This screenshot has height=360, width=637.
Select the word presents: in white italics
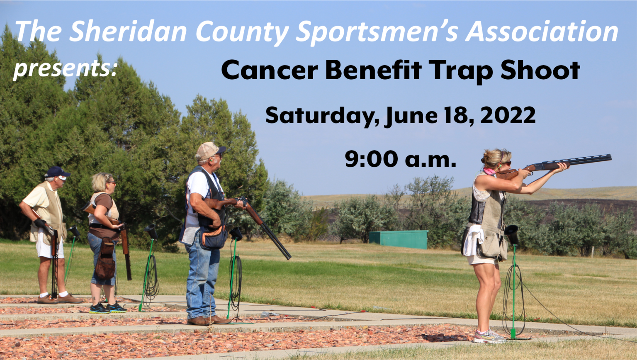coord(65,69)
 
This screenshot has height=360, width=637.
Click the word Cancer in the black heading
coord(269,70)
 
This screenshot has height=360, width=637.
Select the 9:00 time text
coord(371,159)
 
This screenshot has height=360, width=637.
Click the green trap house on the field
coord(399,239)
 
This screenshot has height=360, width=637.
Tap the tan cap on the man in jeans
coord(209,150)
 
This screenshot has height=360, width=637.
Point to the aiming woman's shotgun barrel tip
coord(610,157)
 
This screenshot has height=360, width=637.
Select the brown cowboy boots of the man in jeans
coord(209,320)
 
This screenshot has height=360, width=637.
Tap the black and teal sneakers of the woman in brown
coord(108,308)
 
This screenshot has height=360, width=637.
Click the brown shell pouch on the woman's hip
coord(105,259)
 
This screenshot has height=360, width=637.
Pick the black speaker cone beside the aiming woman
coord(512,234)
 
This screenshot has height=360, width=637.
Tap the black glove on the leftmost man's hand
coord(40,223)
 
